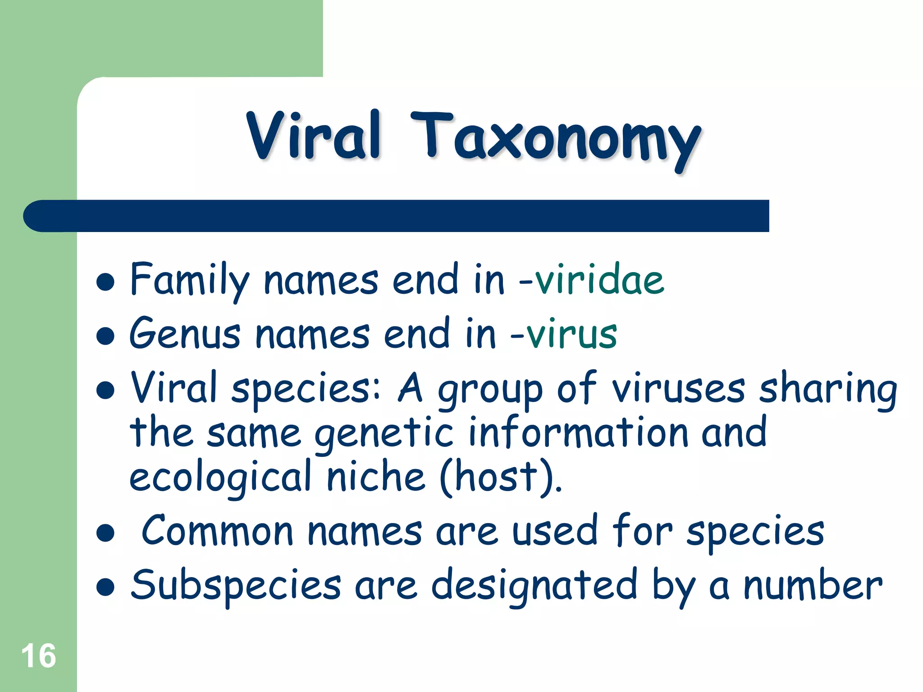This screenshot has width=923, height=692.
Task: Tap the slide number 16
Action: (39, 656)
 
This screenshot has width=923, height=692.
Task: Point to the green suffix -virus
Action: (564, 334)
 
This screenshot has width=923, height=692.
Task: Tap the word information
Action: (578, 432)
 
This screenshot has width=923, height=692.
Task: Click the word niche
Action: (376, 477)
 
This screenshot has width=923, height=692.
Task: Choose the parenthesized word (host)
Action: (500, 478)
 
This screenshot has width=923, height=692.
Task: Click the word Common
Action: (218, 532)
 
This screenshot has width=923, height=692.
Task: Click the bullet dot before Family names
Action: (105, 282)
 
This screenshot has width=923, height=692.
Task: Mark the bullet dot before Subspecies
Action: (105, 587)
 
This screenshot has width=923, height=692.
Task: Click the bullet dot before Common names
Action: (105, 533)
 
